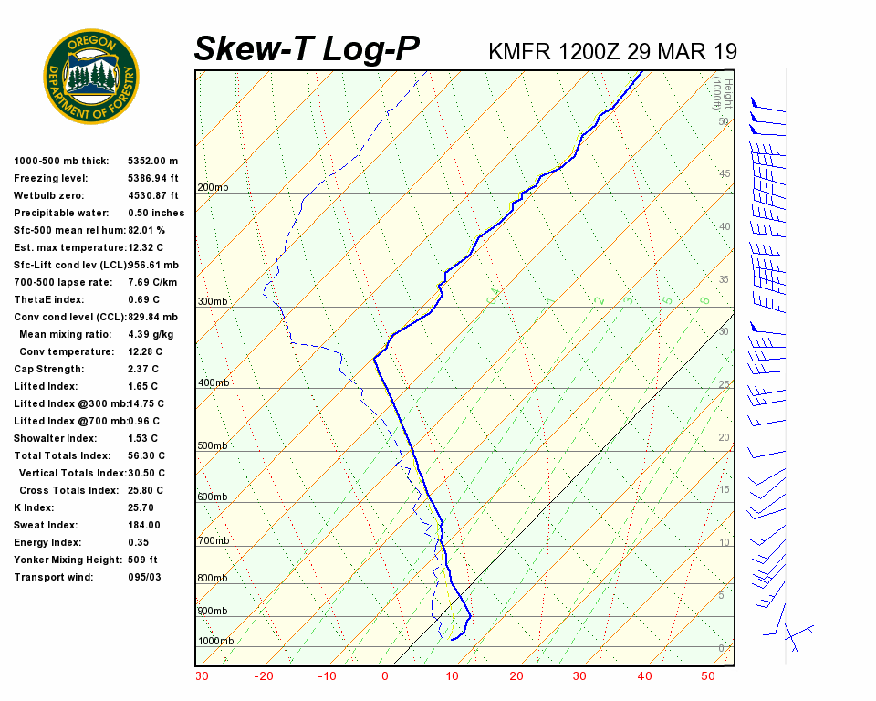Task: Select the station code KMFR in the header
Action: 519,51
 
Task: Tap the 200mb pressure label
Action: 213,188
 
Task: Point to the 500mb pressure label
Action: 213,445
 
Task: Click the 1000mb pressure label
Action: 215,641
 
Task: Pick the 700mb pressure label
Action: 213,541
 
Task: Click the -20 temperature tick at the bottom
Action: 264,676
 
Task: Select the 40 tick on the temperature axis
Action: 644,676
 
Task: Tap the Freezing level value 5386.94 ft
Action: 153,179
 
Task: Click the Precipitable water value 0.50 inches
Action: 156,214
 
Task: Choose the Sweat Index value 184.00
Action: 144,526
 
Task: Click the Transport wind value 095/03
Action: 145,578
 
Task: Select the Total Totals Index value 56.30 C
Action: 147,456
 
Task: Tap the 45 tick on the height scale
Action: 725,173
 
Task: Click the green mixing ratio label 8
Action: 704,299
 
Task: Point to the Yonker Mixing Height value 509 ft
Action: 143,560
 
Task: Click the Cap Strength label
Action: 48,370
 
